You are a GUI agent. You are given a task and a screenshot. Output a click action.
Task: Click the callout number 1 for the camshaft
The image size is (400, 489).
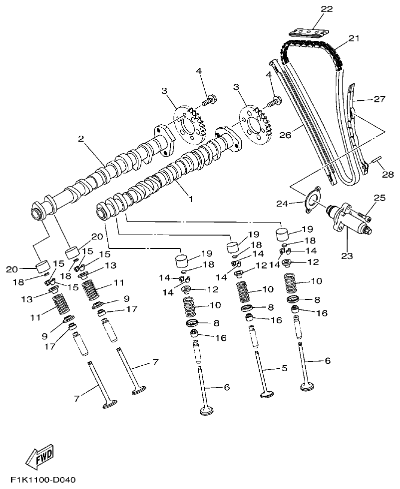[x=190, y=198]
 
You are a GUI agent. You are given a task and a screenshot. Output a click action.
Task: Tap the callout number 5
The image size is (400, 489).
[x=284, y=368]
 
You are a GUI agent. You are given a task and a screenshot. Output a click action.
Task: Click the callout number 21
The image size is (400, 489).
[x=354, y=38]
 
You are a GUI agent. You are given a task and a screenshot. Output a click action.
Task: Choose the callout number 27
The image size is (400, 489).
[x=380, y=99]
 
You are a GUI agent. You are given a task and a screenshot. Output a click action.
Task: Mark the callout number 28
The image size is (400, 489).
[x=388, y=174]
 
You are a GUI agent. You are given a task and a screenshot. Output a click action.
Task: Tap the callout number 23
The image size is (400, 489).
[x=347, y=256]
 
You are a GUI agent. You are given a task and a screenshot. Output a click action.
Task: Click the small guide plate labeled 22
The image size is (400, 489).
[x=307, y=32]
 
